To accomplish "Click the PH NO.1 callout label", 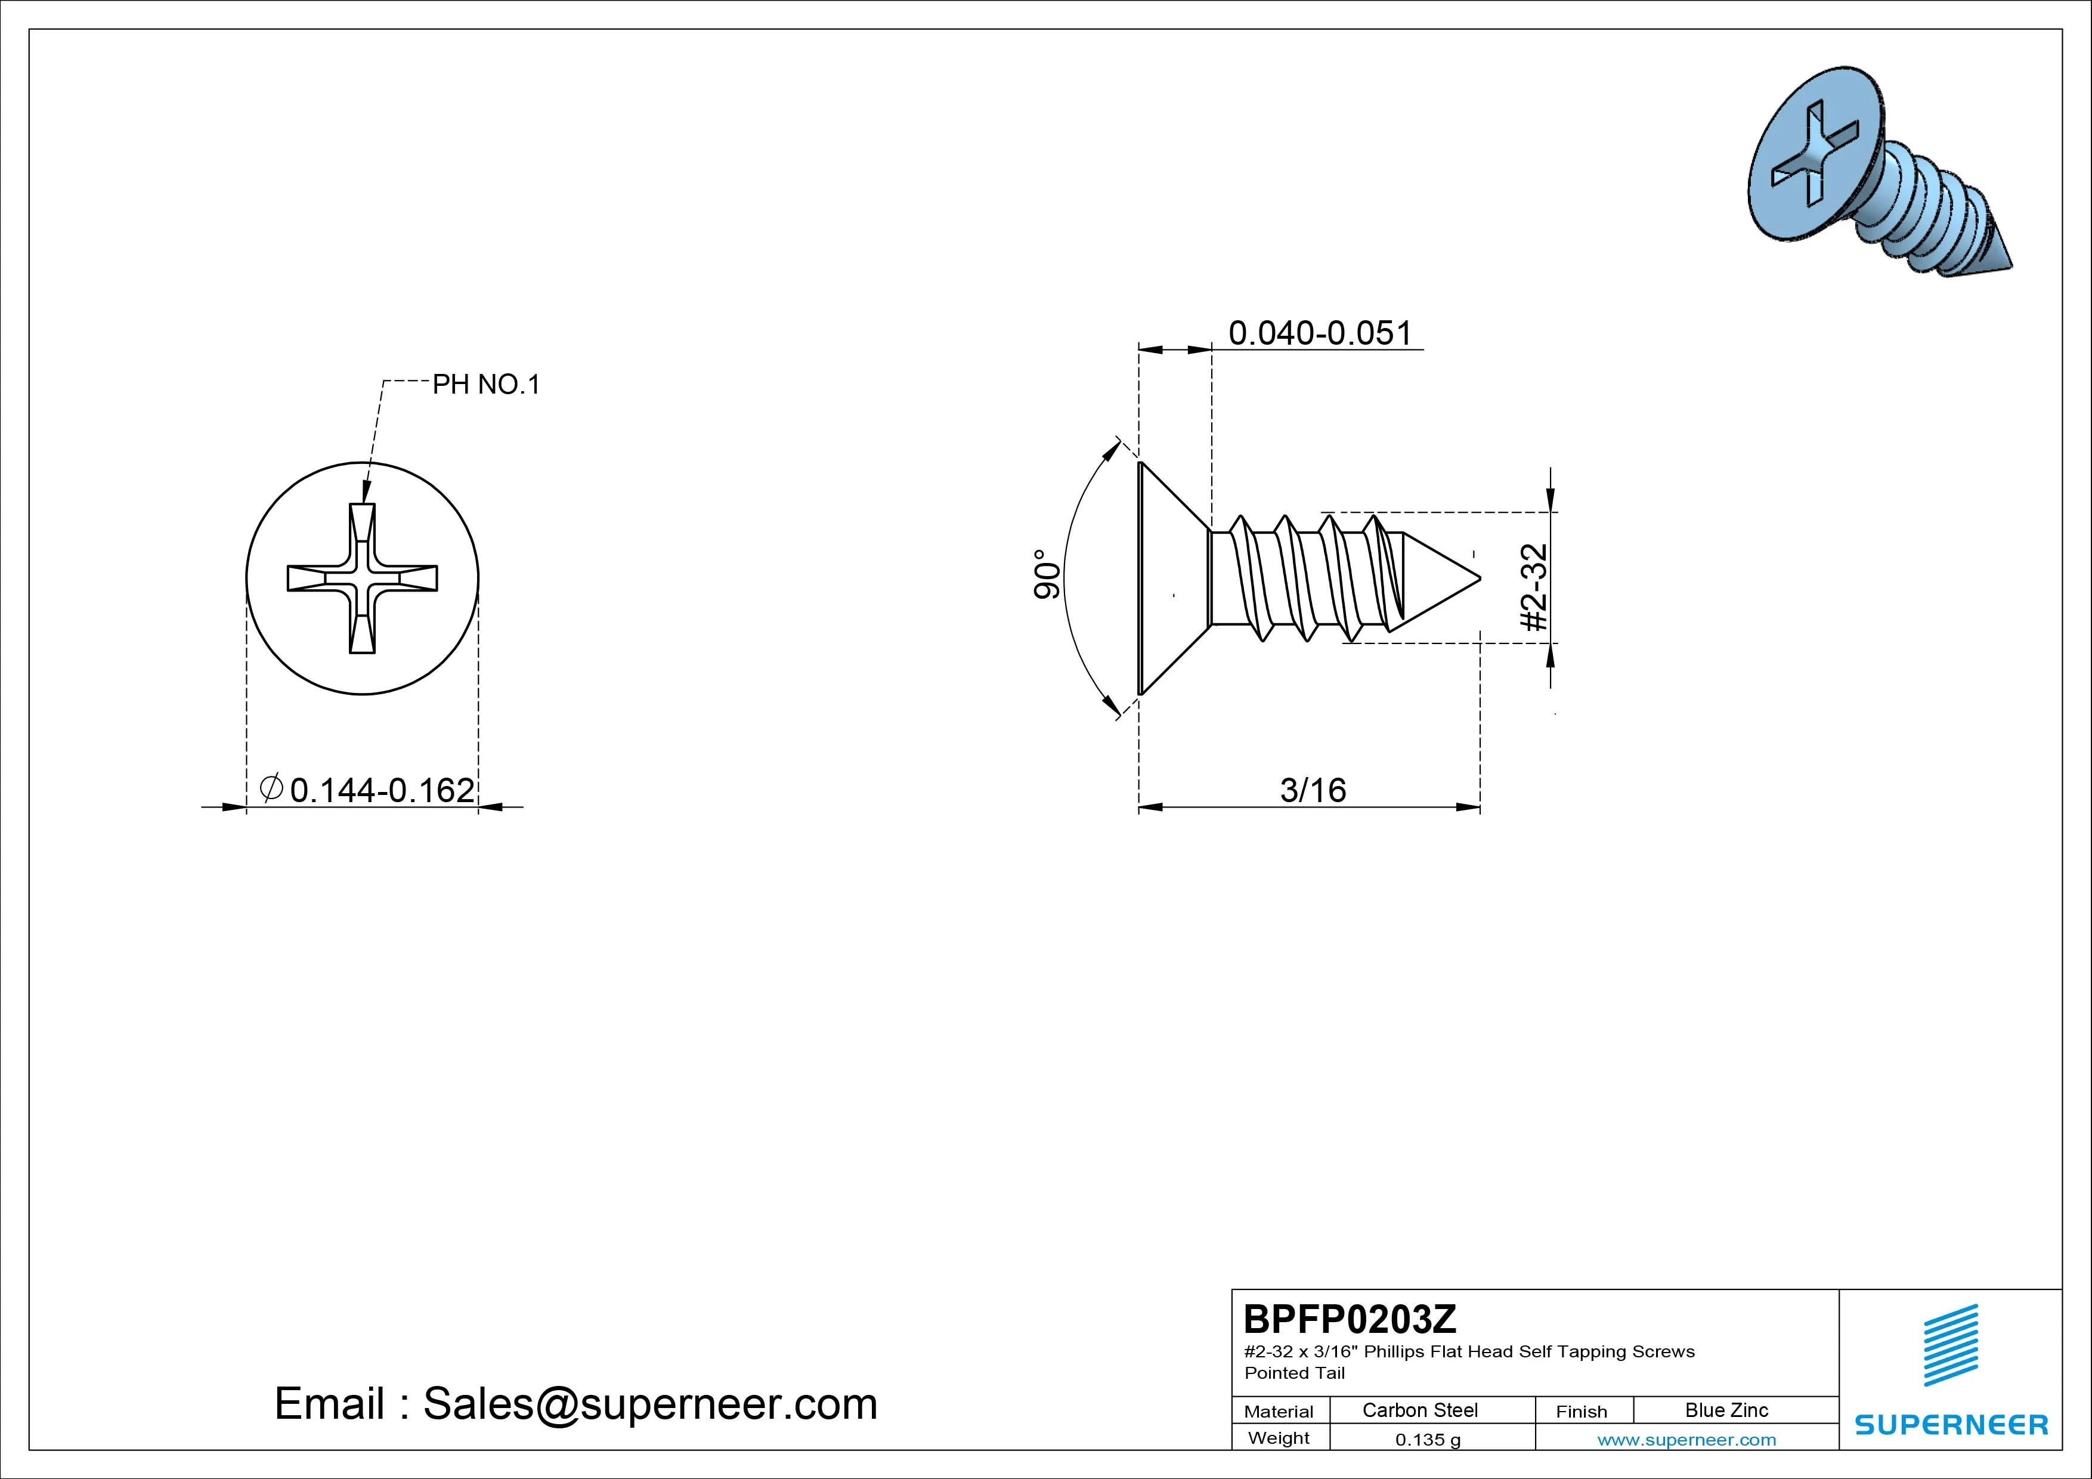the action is (x=485, y=385).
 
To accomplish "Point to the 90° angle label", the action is (x=1047, y=575).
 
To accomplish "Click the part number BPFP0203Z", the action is (x=1350, y=1319).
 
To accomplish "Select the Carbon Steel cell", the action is (x=1419, y=1410).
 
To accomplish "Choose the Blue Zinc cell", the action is (x=1726, y=1410).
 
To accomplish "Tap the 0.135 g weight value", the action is (x=1428, y=1440).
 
